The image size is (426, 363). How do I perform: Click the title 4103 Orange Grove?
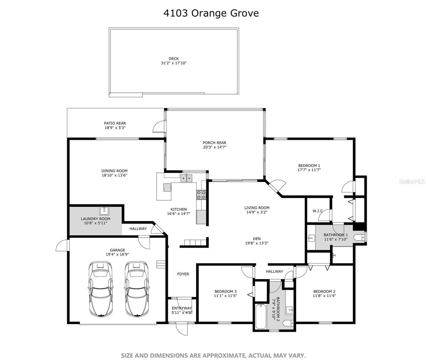tap(211, 13)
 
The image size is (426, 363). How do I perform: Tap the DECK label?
tap(174, 59)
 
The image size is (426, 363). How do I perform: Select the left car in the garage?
tap(101, 289)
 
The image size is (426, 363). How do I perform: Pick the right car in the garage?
tap(137, 289)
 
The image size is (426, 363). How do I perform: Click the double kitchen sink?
tap(186, 178)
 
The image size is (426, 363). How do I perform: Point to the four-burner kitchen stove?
tap(201, 195)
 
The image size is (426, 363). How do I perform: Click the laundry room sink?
tap(104, 211)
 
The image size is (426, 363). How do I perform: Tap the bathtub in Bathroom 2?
tap(261, 316)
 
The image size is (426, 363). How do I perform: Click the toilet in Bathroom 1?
tap(360, 237)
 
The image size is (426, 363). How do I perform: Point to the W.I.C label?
tap(318, 211)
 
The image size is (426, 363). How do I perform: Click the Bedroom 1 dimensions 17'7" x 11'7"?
tap(309, 170)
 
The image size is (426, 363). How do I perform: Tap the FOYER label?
tap(183, 274)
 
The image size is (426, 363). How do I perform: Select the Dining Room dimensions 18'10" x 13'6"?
tap(114, 175)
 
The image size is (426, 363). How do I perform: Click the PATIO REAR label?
tap(115, 123)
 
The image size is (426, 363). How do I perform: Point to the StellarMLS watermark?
tap(412, 181)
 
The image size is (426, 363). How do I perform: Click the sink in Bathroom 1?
tap(311, 238)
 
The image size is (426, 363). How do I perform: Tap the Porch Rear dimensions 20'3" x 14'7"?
tap(215, 147)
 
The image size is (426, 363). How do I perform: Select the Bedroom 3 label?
tap(226, 292)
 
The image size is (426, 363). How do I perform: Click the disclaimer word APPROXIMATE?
tap(224, 355)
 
